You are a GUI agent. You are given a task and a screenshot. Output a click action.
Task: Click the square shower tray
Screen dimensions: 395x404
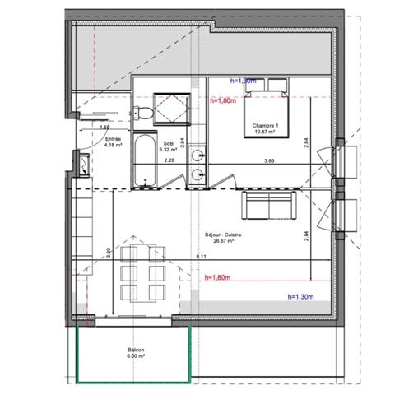coord(172,105)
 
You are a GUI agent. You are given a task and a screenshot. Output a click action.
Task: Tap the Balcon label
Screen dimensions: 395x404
coord(136,351)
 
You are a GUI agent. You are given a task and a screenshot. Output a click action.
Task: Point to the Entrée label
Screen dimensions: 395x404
coord(113,140)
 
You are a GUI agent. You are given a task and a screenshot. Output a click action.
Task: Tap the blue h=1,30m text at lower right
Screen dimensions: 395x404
coord(302,296)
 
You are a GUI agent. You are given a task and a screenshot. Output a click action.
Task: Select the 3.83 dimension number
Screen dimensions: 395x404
coord(269,161)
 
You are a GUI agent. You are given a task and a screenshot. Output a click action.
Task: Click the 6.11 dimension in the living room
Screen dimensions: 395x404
coord(202,258)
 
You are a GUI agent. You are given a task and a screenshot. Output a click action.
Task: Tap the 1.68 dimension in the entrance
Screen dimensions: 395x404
coord(105,128)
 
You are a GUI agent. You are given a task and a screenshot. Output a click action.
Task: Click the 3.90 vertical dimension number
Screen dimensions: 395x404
coord(109,253)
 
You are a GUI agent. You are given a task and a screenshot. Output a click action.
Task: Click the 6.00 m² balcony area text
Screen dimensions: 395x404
coord(136,356)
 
